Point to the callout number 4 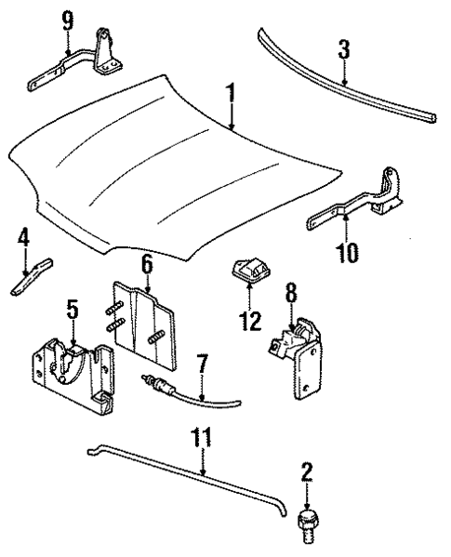(x=23, y=242)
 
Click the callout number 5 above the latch (x=72, y=307)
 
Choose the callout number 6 (x=147, y=264)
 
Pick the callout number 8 (x=291, y=295)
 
